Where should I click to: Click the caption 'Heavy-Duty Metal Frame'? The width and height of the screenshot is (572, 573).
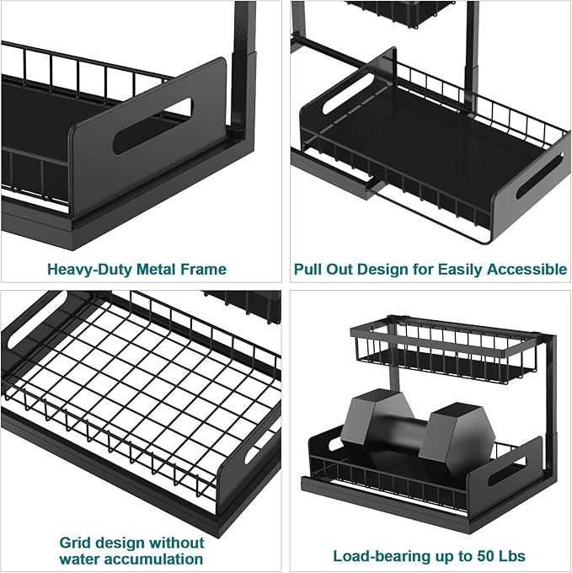[136, 270]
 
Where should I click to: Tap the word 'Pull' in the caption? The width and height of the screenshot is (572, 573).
[308, 270]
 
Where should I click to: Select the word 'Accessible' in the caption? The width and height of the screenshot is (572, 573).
[527, 270]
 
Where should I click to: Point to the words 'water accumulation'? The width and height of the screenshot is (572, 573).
[131, 559]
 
